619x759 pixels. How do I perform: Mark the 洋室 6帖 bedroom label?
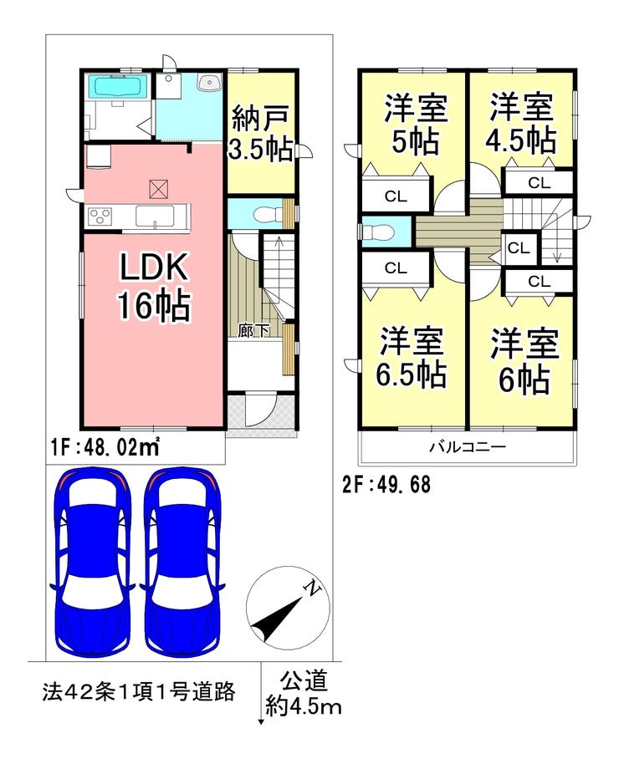tap(521, 361)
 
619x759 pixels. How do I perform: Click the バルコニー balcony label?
tap(468, 447)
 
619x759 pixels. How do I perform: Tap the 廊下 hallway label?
tap(254, 330)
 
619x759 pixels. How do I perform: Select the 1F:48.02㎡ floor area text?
tap(105, 448)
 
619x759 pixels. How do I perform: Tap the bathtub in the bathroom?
tap(118, 86)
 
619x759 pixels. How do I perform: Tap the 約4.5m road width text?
tap(304, 707)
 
